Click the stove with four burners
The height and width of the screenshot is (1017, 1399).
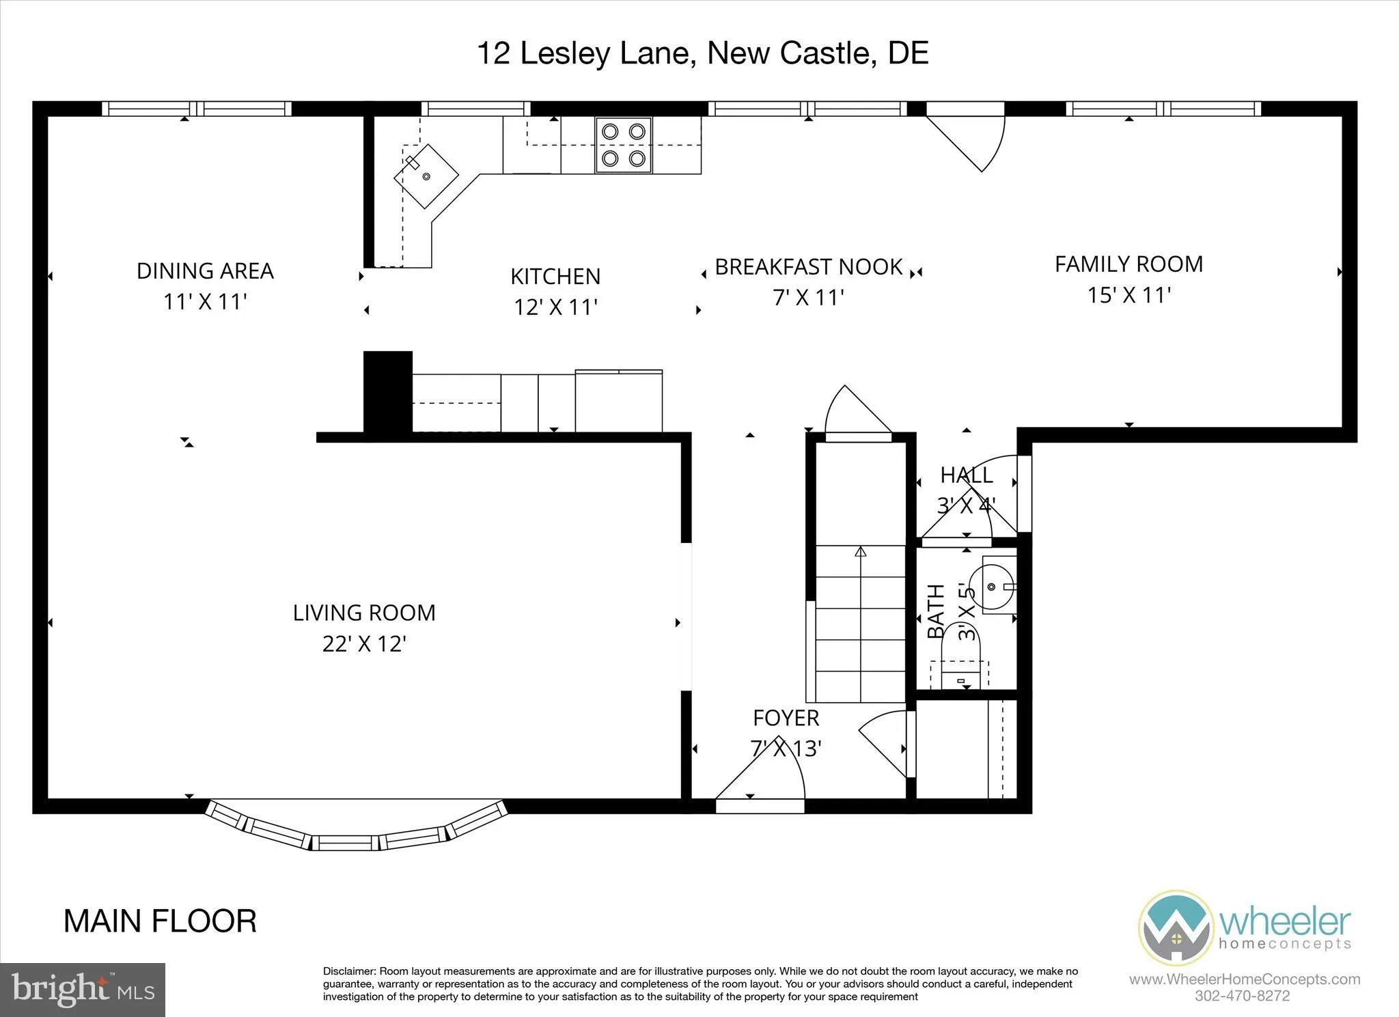[x=623, y=145]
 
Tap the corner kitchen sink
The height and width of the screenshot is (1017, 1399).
[x=426, y=176]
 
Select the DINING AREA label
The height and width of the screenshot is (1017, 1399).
[x=205, y=271]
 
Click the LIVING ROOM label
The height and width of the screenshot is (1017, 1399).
[x=364, y=613]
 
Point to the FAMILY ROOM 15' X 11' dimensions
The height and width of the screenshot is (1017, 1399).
[x=1129, y=295]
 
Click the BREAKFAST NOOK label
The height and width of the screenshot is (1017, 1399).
[x=809, y=267]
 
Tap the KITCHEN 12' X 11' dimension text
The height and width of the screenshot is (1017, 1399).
[x=555, y=307]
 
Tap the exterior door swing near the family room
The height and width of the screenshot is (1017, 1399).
[x=970, y=137]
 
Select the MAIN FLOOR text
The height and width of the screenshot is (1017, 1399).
[x=160, y=921]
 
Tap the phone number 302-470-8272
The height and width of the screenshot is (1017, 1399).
[x=1242, y=996]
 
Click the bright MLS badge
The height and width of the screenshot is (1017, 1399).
[x=83, y=989]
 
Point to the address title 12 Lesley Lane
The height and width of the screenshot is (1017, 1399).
[x=702, y=53]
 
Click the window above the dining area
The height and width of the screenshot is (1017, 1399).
[x=197, y=109]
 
